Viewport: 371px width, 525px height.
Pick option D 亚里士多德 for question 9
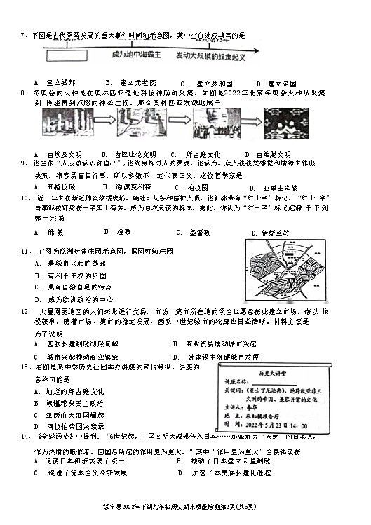tap(276, 188)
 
